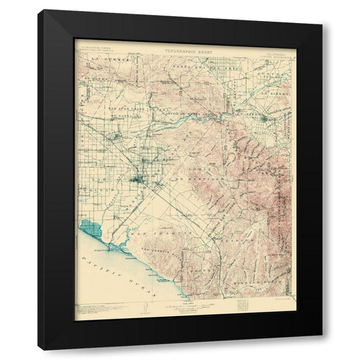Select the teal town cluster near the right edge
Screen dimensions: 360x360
pyautogui.click(x=266, y=119)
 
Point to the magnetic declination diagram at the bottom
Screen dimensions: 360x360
pyautogui.click(x=144, y=308)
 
